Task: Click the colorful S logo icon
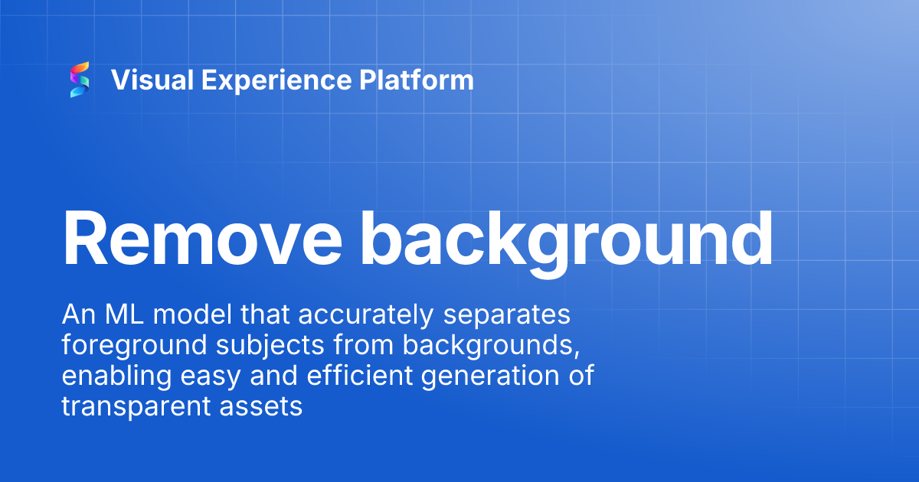(x=80, y=80)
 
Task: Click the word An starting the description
(x=77, y=315)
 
